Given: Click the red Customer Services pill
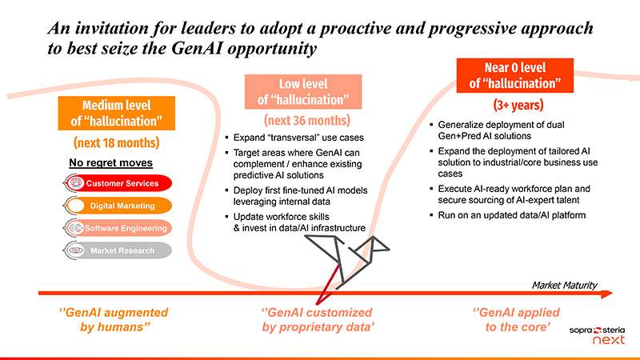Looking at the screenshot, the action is pyautogui.click(x=118, y=183).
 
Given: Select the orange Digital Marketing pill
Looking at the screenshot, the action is pyautogui.click(x=118, y=206).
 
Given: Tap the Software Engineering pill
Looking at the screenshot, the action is pyautogui.click(x=118, y=228).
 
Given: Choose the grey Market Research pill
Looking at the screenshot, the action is pyautogui.click(x=118, y=250).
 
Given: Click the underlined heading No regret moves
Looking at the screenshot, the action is pyautogui.click(x=110, y=163).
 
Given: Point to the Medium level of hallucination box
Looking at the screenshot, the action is pyautogui.click(x=116, y=113).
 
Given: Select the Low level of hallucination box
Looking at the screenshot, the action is pyautogui.click(x=303, y=92).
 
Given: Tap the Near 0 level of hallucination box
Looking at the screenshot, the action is pyautogui.click(x=515, y=75).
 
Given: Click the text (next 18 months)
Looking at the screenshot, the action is pyautogui.click(x=116, y=143).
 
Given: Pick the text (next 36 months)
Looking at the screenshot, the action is pyautogui.click(x=307, y=121).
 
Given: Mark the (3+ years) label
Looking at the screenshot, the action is pyautogui.click(x=518, y=106).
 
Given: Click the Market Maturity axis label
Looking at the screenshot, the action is pyautogui.click(x=565, y=285).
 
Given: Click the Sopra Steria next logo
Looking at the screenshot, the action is pyautogui.click(x=597, y=334).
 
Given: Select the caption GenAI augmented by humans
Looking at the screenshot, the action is pyautogui.click(x=114, y=319).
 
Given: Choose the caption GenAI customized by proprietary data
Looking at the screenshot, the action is pyautogui.click(x=317, y=319).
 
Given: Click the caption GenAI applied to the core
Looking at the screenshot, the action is pyautogui.click(x=516, y=319).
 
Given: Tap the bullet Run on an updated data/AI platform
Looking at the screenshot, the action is pyautogui.click(x=511, y=215).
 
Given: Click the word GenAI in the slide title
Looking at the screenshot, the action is pyautogui.click(x=197, y=48).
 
